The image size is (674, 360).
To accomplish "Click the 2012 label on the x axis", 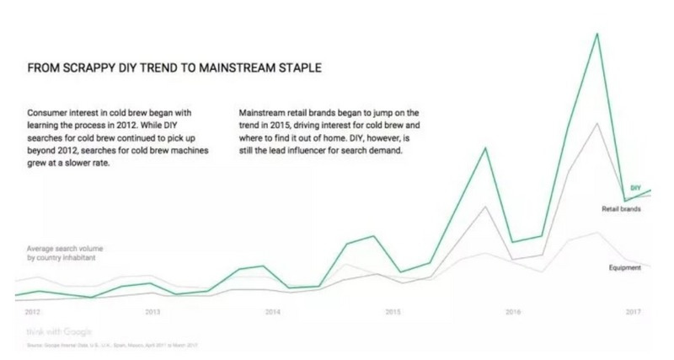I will coord(33,312).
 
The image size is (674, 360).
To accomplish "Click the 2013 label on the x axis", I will coord(152,312).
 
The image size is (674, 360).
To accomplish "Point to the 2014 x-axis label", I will coord(272,312).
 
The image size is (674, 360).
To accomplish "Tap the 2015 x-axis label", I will coord(393,312).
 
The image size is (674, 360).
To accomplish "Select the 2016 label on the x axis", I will coord(513,312).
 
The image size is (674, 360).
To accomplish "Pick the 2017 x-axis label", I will coord(634,312).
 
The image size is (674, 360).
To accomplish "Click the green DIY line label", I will coord(636,187).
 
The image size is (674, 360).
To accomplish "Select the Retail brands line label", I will coord(623,208).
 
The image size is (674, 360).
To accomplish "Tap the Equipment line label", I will coord(625,267).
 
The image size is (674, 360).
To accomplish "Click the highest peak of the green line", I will coord(596,34).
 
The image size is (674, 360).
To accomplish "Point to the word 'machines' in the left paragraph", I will coord(187,151).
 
